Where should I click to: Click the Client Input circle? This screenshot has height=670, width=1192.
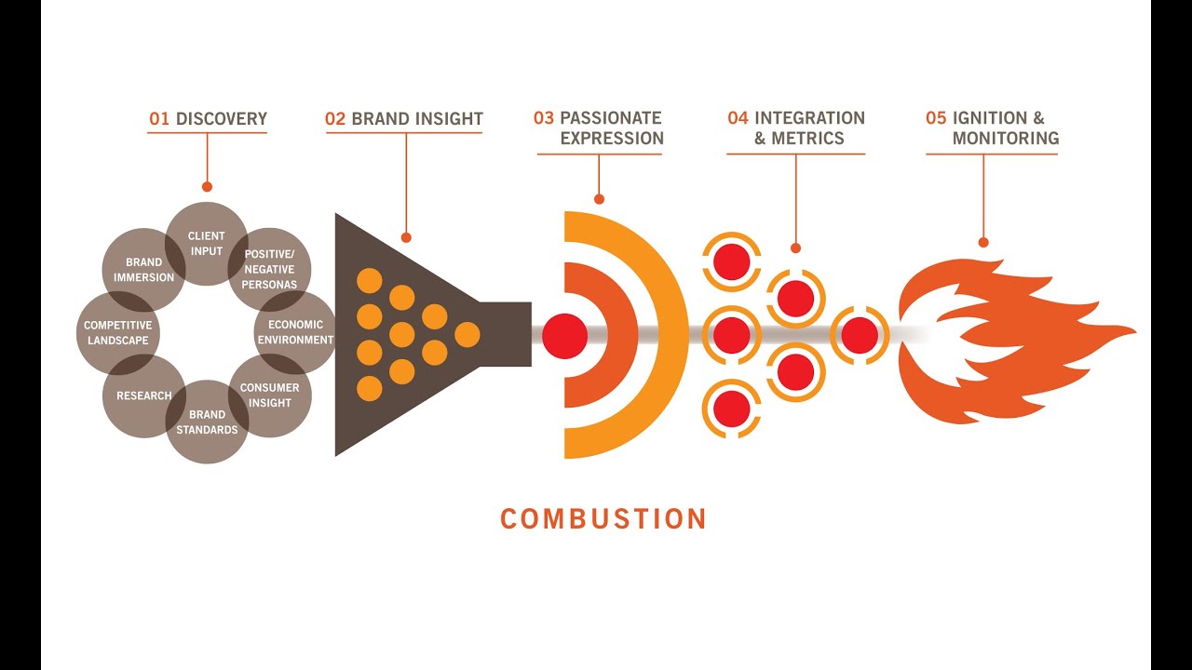(x=207, y=243)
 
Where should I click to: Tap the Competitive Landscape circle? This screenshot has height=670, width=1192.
(x=116, y=332)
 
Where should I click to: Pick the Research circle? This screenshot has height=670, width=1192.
(x=143, y=395)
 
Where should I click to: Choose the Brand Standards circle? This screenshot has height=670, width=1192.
(x=207, y=422)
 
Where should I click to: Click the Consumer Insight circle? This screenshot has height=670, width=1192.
(x=270, y=395)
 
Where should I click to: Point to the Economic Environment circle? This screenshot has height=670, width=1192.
(x=295, y=332)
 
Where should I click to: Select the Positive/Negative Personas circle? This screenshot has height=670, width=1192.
(x=270, y=270)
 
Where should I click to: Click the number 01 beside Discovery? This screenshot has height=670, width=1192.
(x=159, y=119)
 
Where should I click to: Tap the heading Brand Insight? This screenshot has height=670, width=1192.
(x=417, y=119)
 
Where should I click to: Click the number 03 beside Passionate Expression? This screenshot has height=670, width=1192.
(x=543, y=118)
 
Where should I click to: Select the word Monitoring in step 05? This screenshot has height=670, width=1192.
(x=1005, y=139)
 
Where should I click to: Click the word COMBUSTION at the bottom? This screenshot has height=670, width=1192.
(x=603, y=518)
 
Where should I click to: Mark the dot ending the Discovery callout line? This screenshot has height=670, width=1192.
(x=207, y=186)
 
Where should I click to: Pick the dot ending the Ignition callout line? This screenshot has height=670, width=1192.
(x=983, y=242)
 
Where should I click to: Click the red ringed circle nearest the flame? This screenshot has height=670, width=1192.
(x=860, y=335)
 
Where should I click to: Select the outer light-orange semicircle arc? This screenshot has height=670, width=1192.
(x=670, y=335)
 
